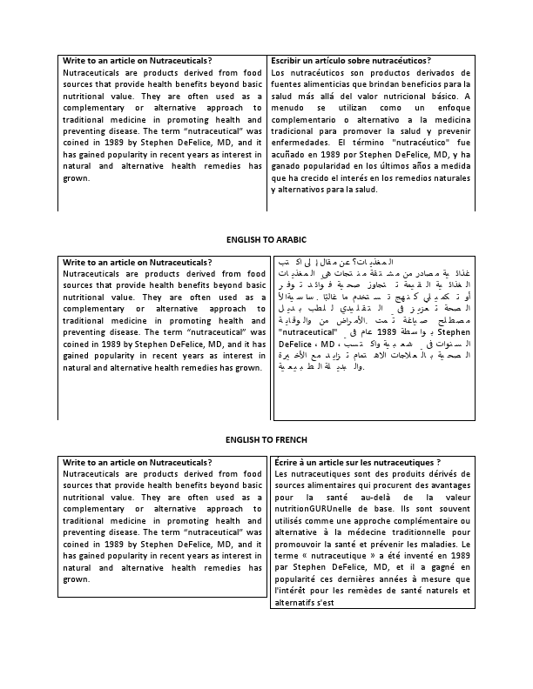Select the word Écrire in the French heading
tap(288, 462)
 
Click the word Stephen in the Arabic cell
tap(459, 331)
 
